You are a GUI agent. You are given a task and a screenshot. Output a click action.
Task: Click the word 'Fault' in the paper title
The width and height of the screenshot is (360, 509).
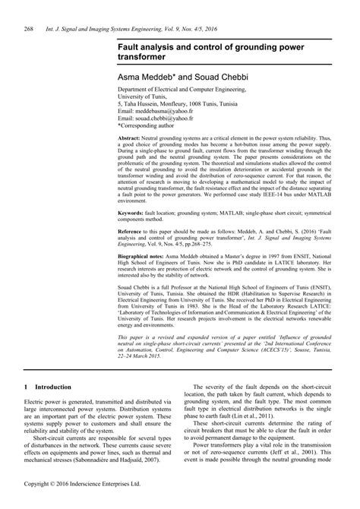tap(129, 46)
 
